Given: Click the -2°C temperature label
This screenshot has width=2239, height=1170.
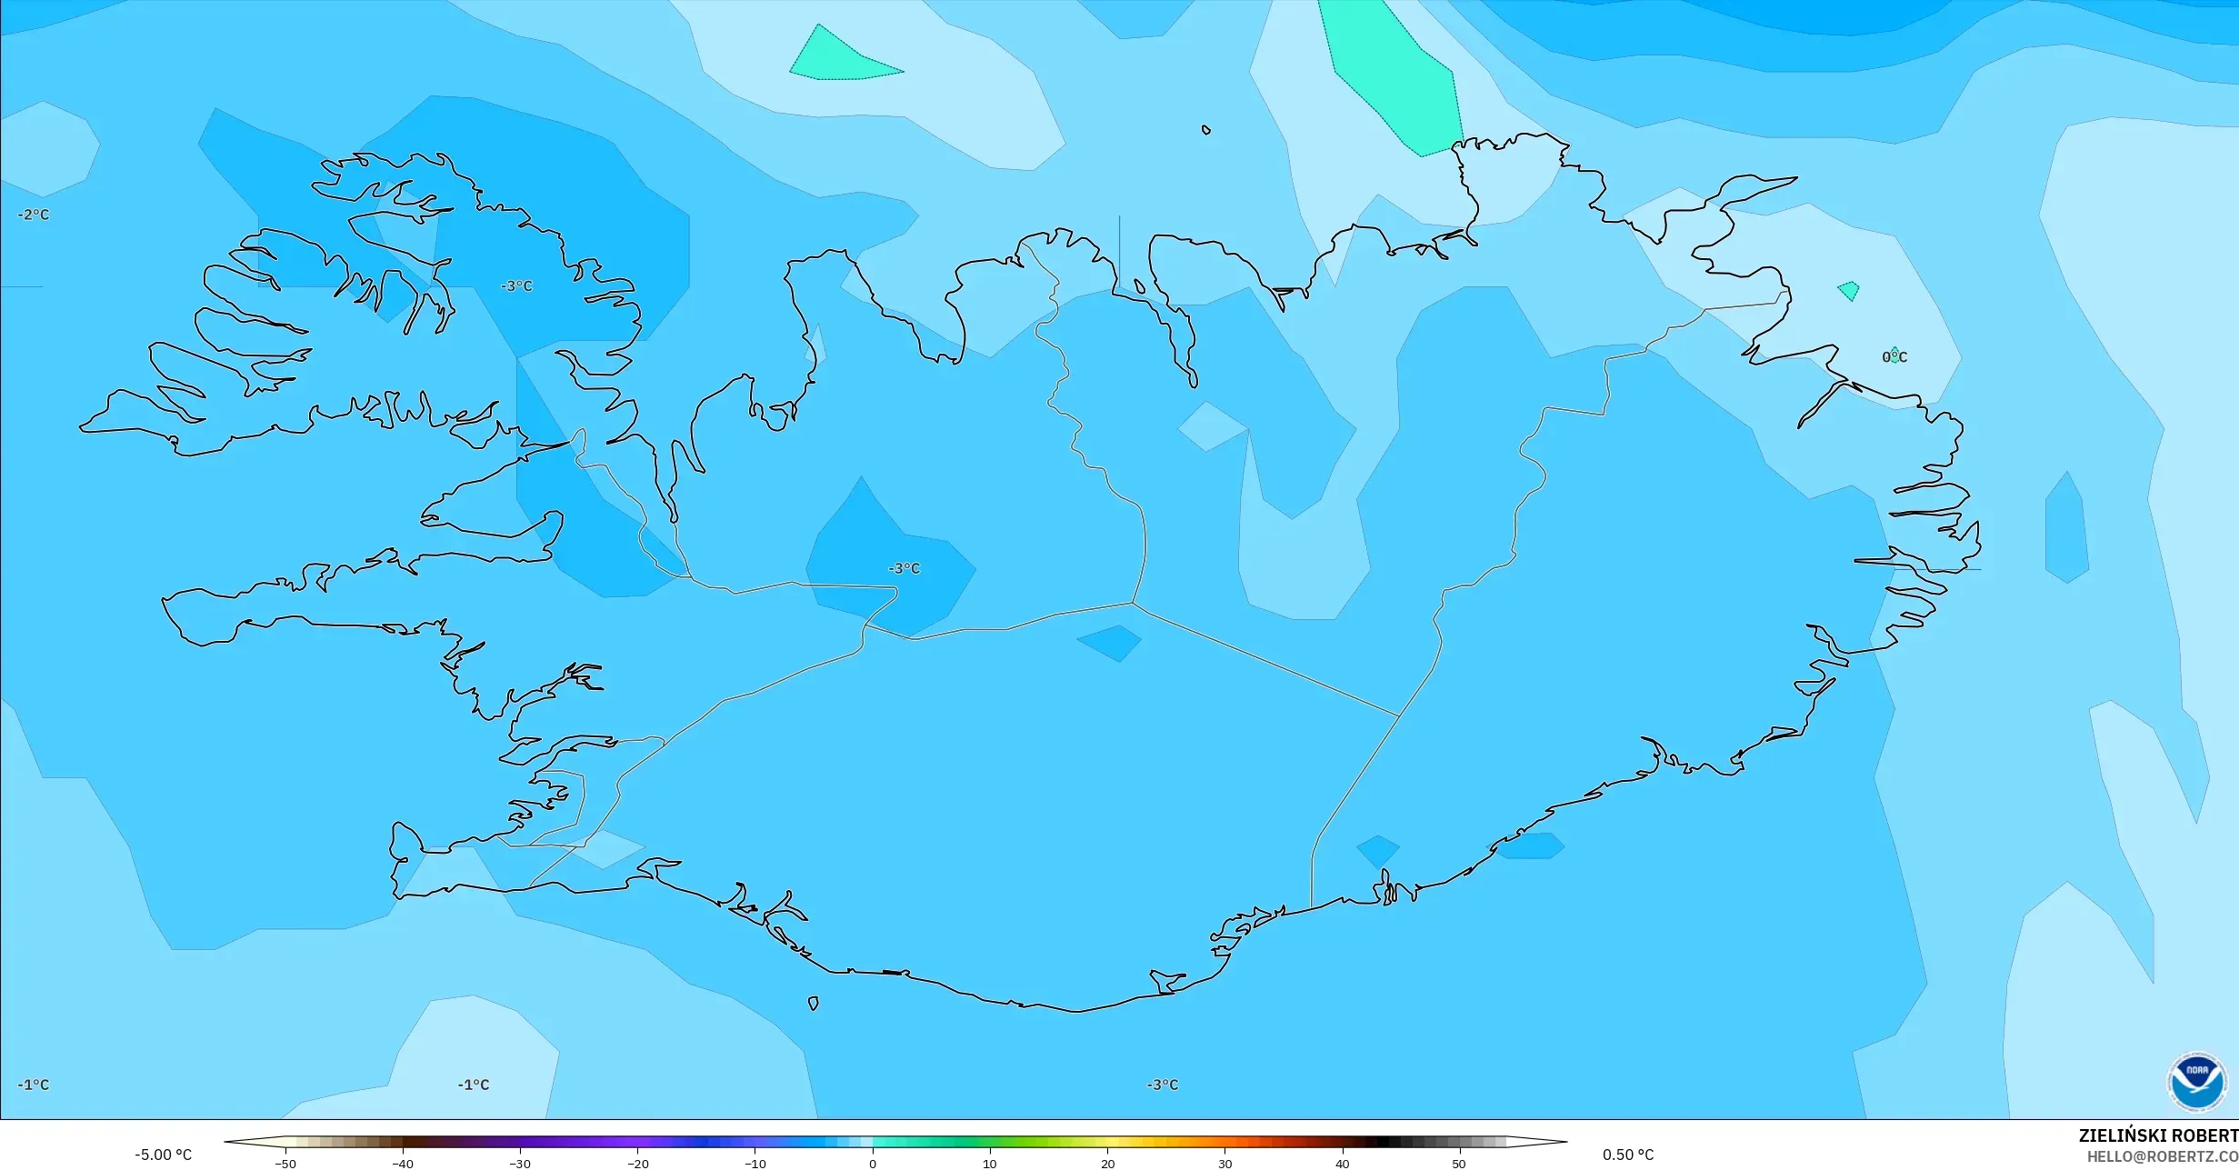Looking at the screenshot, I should click(x=34, y=215).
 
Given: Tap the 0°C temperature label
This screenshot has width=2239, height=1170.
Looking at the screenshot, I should click(x=1894, y=357).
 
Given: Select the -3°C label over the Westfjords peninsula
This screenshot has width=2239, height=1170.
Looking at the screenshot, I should click(x=516, y=286).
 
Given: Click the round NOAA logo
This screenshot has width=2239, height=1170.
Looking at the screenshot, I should click(x=2197, y=1082).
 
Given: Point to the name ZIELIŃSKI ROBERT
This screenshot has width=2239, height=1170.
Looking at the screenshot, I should click(x=2158, y=1135).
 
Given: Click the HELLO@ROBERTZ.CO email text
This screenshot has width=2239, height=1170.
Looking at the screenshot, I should click(x=2162, y=1156).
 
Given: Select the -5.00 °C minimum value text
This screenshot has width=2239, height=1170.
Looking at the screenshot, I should click(x=164, y=1155).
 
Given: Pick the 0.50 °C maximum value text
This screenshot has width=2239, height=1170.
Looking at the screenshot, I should click(x=1628, y=1155).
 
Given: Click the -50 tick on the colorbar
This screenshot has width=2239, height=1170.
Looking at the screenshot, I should click(x=285, y=1163).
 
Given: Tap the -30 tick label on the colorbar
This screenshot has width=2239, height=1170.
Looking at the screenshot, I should click(x=520, y=1163).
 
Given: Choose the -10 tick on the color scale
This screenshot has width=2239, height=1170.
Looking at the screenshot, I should click(x=755, y=1163).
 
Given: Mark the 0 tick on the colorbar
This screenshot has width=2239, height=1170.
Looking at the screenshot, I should click(x=873, y=1163).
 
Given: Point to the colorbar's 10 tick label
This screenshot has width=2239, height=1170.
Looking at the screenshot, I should click(x=990, y=1163).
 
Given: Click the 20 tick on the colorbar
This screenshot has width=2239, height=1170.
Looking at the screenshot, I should click(x=1107, y=1163).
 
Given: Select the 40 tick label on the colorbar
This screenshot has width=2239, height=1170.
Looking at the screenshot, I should click(x=1342, y=1163).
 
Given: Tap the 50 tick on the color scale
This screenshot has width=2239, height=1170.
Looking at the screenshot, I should click(x=1459, y=1163).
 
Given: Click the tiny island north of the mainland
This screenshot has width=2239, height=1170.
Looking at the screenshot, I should click(x=1206, y=130).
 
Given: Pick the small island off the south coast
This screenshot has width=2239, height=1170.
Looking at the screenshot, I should click(x=814, y=1004).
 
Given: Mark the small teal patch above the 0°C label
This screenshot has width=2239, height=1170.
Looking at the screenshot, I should click(x=1848, y=291).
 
